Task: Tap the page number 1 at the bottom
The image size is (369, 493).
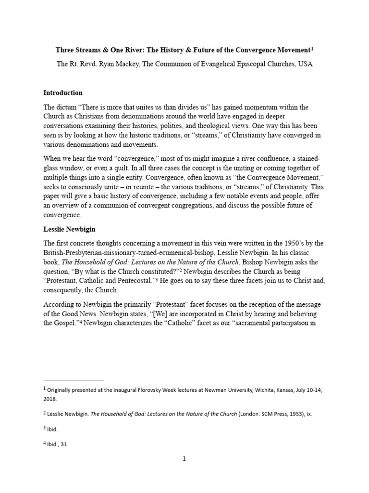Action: (184, 459)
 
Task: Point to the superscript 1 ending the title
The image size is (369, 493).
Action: (312, 48)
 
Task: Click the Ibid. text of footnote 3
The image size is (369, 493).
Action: (52, 429)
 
